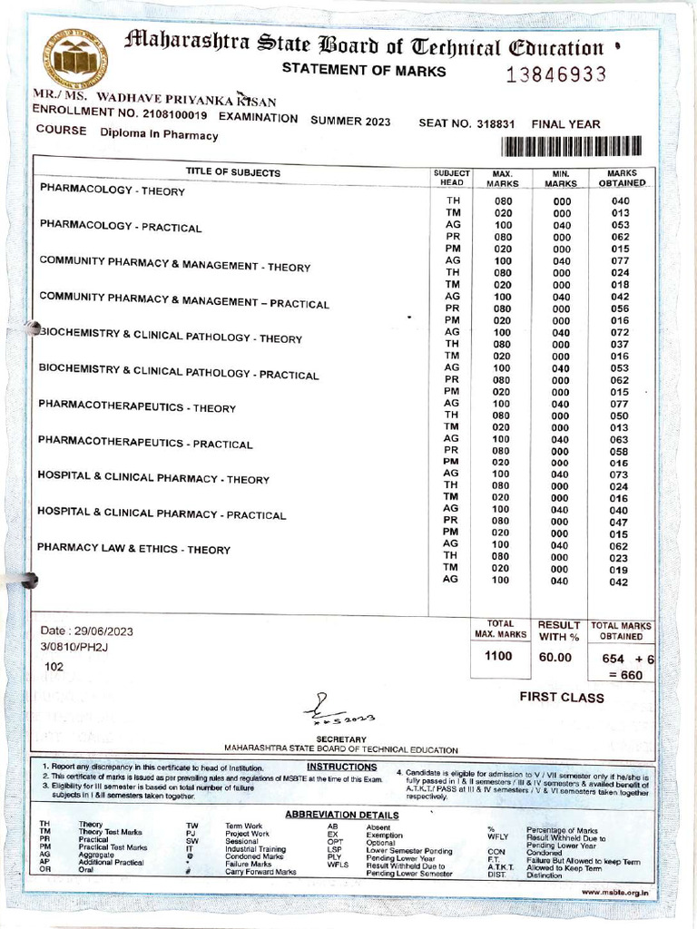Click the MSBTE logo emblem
(80, 61)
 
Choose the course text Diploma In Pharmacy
(159, 135)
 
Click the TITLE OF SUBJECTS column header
(233, 172)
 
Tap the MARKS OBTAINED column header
(622, 178)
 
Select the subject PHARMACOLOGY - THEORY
(113, 191)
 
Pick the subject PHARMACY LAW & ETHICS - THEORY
(133, 549)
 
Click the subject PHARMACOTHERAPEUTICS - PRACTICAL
(145, 444)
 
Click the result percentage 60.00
(555, 657)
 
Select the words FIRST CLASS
(561, 698)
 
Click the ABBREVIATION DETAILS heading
(341, 814)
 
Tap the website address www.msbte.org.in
(614, 892)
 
